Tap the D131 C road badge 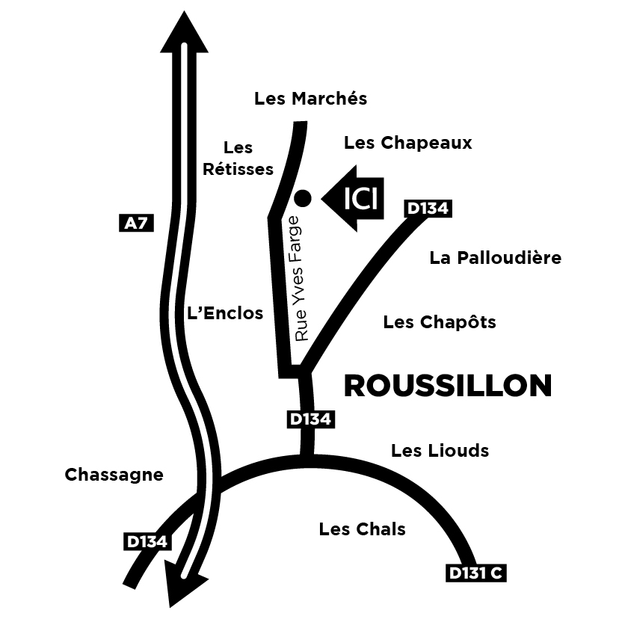pos(475,573)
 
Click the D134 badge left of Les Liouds pos(309,420)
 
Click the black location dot pos(303,198)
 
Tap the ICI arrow pos(354,199)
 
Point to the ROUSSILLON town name pos(447,386)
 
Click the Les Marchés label pos(311,99)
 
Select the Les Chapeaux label pos(407,143)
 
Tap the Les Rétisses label pos(238,158)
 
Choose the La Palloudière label pos(495,258)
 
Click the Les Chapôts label pos(440,322)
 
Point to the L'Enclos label pos(224,313)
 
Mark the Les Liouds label pos(440,450)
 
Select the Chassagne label pos(114,475)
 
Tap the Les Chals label pos(362,529)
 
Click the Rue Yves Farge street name pos(301,279)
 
